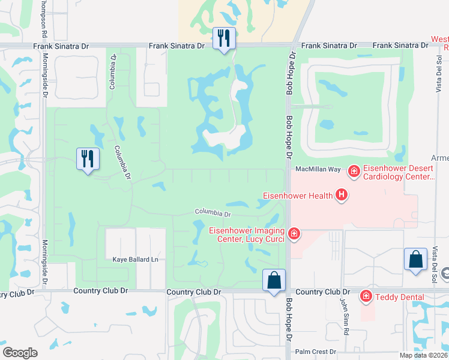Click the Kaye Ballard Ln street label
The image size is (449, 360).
coord(135,259)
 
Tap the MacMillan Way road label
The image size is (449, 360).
coord(319,170)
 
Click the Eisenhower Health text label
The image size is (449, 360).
coord(298,195)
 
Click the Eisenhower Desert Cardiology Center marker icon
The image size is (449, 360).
coord(354,172)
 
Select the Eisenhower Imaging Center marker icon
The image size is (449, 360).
coord(294,233)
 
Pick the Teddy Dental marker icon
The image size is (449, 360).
coord(365,296)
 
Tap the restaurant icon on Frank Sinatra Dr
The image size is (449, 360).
coord(224,38)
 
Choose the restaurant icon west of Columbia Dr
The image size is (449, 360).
coord(88,159)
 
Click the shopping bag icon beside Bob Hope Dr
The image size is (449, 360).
coord(274,280)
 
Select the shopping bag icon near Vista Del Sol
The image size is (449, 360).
coord(415,259)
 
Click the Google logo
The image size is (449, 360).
coord(20,353)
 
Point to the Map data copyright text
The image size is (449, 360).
coord(424,355)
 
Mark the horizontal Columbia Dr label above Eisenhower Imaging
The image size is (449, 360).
coord(212,213)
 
